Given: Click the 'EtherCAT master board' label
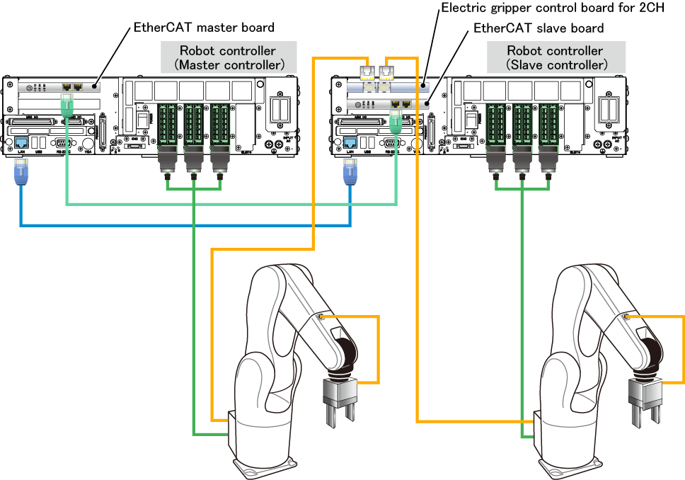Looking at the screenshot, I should (204, 28).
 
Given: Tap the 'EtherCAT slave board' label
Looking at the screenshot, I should (538, 28).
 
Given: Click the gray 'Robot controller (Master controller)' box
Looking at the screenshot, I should (228, 57).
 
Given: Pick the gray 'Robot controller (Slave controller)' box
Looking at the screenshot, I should (556, 57).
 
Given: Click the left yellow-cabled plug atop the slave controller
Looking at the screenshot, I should (367, 73).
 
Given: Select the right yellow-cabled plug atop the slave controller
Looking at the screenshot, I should (386, 73).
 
